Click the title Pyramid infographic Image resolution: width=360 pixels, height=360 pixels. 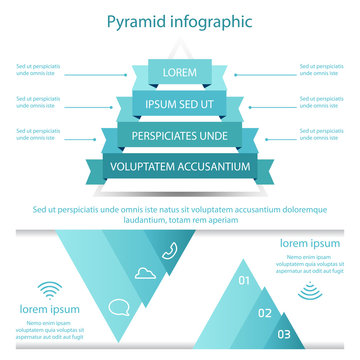pyautogui.click(x=179, y=21)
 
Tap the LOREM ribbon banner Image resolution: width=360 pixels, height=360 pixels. pyautogui.click(x=180, y=72)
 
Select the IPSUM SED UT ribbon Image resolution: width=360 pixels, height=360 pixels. pyautogui.click(x=180, y=104)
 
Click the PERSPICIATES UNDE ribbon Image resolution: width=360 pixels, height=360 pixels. pyautogui.click(x=180, y=135)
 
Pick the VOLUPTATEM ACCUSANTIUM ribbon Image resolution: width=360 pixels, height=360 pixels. pyautogui.click(x=180, y=167)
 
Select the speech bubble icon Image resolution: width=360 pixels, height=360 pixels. pyautogui.click(x=119, y=307)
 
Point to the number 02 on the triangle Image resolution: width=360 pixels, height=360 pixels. pyautogui.click(x=265, y=313)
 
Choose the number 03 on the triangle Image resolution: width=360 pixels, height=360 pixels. pyautogui.click(x=284, y=333)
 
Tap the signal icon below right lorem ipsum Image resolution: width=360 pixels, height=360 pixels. pyautogui.click(x=309, y=291)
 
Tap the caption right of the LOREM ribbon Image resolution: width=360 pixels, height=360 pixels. pyautogui.click(x=319, y=71)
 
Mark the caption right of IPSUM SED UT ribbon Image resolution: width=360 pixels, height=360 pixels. pyautogui.click(x=319, y=102)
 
